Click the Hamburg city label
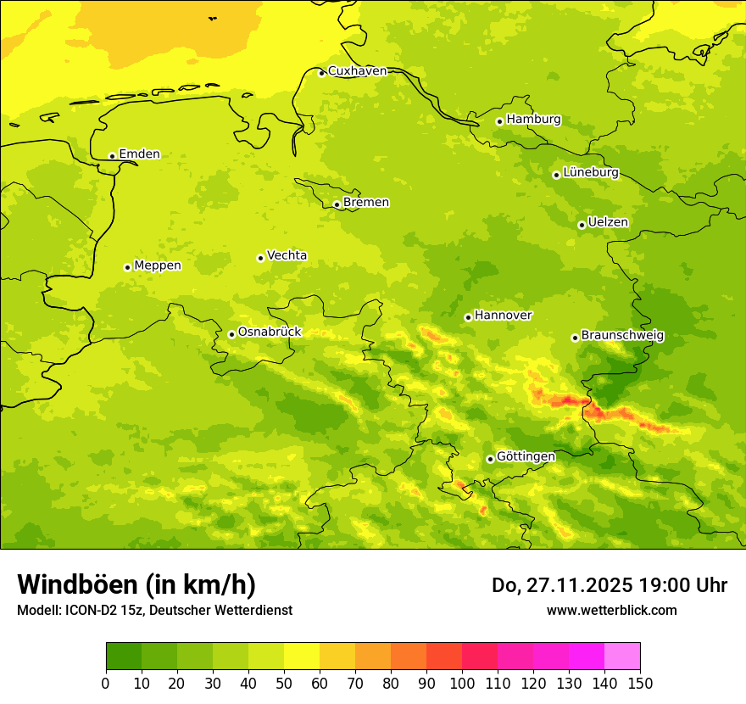(x=533, y=120)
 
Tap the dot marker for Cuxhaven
(x=321, y=73)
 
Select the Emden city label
(x=139, y=154)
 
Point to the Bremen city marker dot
(x=337, y=204)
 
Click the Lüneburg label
(x=590, y=172)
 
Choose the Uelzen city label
(x=608, y=223)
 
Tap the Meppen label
(x=157, y=265)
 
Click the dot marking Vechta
(x=260, y=258)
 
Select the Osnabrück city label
(x=270, y=332)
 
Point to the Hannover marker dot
(x=468, y=317)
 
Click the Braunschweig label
(x=622, y=336)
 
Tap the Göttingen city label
(x=526, y=457)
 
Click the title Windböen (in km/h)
(x=136, y=584)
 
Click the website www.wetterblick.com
(x=611, y=611)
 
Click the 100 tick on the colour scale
(x=462, y=683)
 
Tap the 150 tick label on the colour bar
(x=640, y=683)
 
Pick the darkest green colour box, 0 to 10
(x=124, y=657)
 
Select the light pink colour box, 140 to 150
(x=622, y=657)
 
